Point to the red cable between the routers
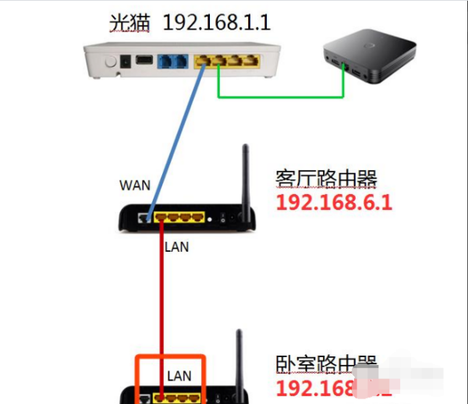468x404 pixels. click(x=161, y=304)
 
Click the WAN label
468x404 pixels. click(x=135, y=186)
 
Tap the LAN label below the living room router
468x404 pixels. click(x=176, y=247)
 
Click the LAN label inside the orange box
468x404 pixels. click(x=179, y=375)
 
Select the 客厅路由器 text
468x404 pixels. click(x=326, y=179)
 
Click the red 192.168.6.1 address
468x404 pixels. click(x=333, y=204)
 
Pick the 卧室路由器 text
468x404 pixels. click(x=326, y=364)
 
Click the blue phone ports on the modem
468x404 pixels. click(x=171, y=61)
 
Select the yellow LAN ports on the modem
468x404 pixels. click(x=222, y=60)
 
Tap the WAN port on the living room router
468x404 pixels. click(x=144, y=219)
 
